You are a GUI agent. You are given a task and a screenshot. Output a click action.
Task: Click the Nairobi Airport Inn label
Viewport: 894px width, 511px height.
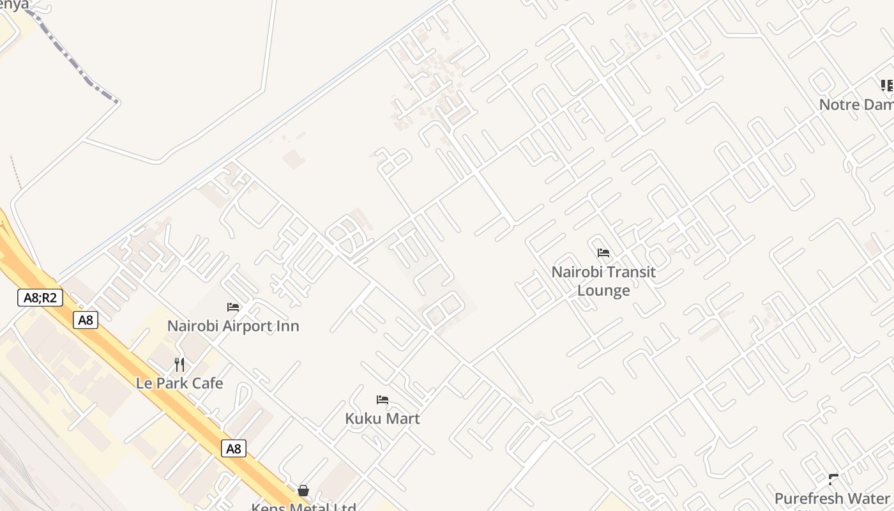pyautogui.click(x=233, y=326)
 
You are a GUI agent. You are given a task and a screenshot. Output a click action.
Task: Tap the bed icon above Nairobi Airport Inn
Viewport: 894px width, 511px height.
pyautogui.click(x=233, y=307)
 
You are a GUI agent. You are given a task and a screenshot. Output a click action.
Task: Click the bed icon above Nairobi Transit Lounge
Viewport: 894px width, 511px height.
pyautogui.click(x=603, y=253)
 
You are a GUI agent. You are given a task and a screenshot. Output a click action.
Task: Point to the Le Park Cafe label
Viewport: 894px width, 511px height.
pyautogui.click(x=179, y=383)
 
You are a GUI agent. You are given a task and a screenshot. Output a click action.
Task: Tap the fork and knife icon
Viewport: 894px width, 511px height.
pyautogui.click(x=179, y=365)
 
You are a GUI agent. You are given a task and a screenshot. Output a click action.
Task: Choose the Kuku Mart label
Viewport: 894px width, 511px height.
pyautogui.click(x=383, y=418)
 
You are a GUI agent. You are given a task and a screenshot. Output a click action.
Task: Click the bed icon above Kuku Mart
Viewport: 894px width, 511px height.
pyautogui.click(x=383, y=400)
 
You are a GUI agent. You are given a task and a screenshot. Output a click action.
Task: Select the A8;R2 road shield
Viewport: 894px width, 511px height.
pyautogui.click(x=40, y=297)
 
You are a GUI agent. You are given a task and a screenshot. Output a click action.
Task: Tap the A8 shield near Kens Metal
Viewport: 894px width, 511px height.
pyautogui.click(x=234, y=448)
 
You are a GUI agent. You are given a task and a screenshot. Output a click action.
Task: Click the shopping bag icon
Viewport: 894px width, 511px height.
pyautogui.click(x=303, y=491)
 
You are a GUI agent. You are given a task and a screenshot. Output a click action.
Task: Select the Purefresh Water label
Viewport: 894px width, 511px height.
pyautogui.click(x=832, y=498)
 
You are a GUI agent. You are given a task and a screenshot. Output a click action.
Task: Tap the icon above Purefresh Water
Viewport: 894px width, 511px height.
pyautogui.click(x=833, y=479)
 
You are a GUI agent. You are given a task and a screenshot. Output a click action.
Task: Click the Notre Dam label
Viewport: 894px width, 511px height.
pyautogui.click(x=856, y=104)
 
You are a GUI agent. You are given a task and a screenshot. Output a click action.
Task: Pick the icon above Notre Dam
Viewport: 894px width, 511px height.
pyautogui.click(x=887, y=86)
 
